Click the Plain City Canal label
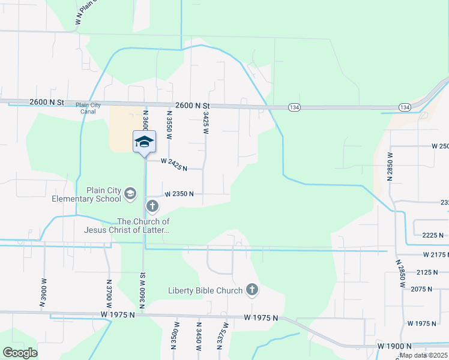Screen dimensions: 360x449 pyautogui.click(x=88, y=108)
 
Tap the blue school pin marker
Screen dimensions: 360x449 pyautogui.click(x=144, y=142)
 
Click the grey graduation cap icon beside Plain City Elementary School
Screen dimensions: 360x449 pyautogui.click(x=130, y=194)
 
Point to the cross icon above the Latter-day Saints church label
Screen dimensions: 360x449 pyautogui.click(x=152, y=207)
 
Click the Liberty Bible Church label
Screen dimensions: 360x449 pyautogui.click(x=205, y=291)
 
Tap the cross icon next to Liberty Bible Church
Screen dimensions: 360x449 pyautogui.click(x=252, y=290)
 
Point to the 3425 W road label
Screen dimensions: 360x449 pyautogui.click(x=206, y=122)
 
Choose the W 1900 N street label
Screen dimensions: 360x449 pyautogui.click(x=394, y=346)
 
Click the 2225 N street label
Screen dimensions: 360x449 pyautogui.click(x=432, y=235)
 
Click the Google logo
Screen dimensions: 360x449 pyautogui.click(x=20, y=353)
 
